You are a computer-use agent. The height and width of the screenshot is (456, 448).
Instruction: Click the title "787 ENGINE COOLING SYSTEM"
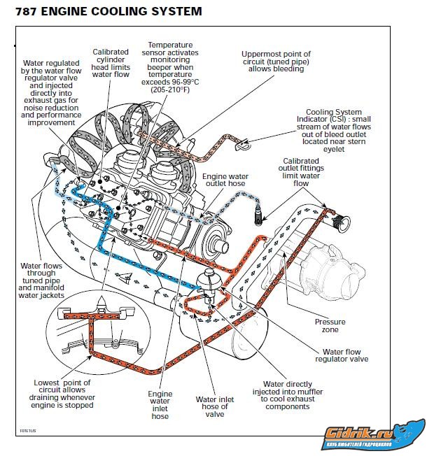point(104,11)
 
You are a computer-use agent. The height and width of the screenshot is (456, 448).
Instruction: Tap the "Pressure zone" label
point(329,326)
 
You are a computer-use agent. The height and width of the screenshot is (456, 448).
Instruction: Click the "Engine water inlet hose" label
point(160,405)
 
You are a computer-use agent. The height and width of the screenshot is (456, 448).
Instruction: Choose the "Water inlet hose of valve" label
point(214,405)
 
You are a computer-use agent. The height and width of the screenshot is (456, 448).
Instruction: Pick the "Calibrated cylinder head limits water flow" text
point(111,63)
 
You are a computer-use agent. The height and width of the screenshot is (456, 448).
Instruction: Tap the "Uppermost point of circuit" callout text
point(276,62)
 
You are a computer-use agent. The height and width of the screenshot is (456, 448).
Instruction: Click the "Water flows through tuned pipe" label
point(41,280)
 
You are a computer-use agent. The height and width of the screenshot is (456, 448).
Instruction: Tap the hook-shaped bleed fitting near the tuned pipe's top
point(244,145)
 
